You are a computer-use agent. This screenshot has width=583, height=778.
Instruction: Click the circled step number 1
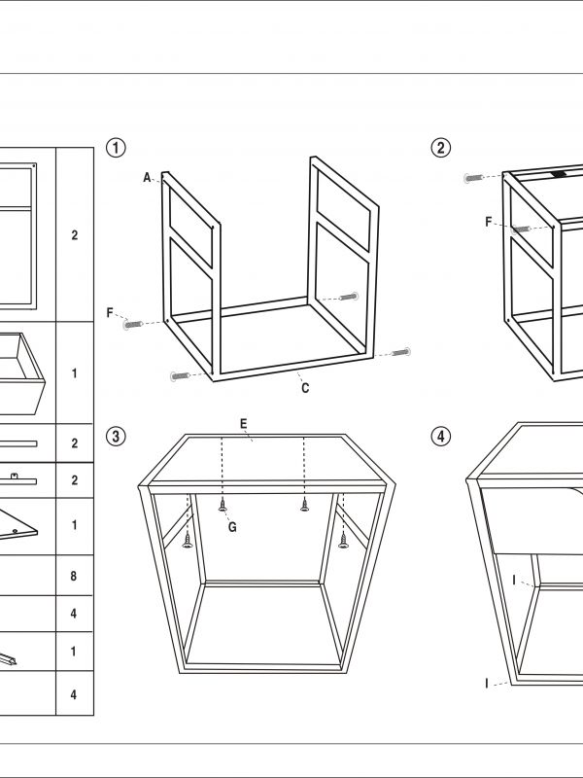click(x=116, y=148)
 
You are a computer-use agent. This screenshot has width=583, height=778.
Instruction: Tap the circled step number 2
click(x=441, y=148)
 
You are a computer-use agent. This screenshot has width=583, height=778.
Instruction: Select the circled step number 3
click(x=116, y=436)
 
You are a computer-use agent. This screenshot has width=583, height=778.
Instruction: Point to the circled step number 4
click(x=441, y=436)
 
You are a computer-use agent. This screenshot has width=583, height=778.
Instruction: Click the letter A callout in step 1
click(x=148, y=178)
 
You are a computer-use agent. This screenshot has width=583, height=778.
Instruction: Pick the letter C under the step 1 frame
click(x=305, y=389)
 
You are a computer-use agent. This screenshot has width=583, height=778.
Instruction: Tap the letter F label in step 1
click(x=111, y=312)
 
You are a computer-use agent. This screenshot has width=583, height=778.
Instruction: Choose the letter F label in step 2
click(x=489, y=222)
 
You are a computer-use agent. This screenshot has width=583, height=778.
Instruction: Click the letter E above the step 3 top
click(x=243, y=423)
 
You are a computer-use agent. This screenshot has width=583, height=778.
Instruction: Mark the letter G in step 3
click(x=232, y=527)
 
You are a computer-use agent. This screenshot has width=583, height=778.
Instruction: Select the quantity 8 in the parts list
click(x=74, y=577)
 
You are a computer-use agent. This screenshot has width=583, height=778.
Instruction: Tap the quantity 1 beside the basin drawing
click(x=74, y=373)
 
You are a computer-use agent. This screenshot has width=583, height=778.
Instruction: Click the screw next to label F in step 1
click(x=134, y=323)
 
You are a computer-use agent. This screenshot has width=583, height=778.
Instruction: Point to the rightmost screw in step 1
click(x=399, y=352)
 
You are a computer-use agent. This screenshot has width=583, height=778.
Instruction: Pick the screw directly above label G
click(x=223, y=504)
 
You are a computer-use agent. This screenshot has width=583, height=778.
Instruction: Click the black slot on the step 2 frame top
click(x=559, y=175)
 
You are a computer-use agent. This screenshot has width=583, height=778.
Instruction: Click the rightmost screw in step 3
click(x=342, y=541)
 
